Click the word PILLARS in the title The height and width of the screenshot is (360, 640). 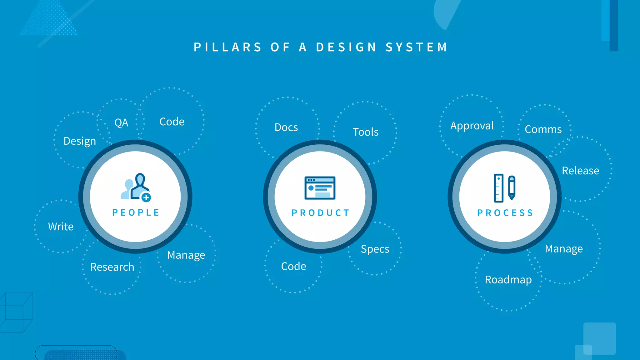point(227,47)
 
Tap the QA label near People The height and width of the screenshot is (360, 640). point(121,122)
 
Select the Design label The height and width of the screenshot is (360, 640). point(80,141)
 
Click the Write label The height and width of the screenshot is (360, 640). point(61,227)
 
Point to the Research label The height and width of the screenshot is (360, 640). point(112,267)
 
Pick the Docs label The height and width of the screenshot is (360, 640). point(286,127)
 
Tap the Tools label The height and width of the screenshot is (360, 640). point(366,132)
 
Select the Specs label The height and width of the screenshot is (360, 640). point(375,249)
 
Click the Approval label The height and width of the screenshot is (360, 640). point(472,126)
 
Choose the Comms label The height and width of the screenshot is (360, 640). point(543,129)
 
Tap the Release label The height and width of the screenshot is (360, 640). point(580,171)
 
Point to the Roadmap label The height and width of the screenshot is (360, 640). point(508,280)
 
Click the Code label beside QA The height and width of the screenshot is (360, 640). point(172,122)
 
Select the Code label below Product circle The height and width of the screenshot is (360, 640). point(293,266)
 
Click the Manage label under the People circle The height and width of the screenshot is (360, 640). point(186,255)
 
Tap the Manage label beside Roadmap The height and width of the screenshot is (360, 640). point(564,249)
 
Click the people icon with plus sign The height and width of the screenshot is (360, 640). point(136,187)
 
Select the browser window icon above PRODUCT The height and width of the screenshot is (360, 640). point(320,188)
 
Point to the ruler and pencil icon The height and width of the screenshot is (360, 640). point(504,188)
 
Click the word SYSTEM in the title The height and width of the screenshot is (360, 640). point(417,47)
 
